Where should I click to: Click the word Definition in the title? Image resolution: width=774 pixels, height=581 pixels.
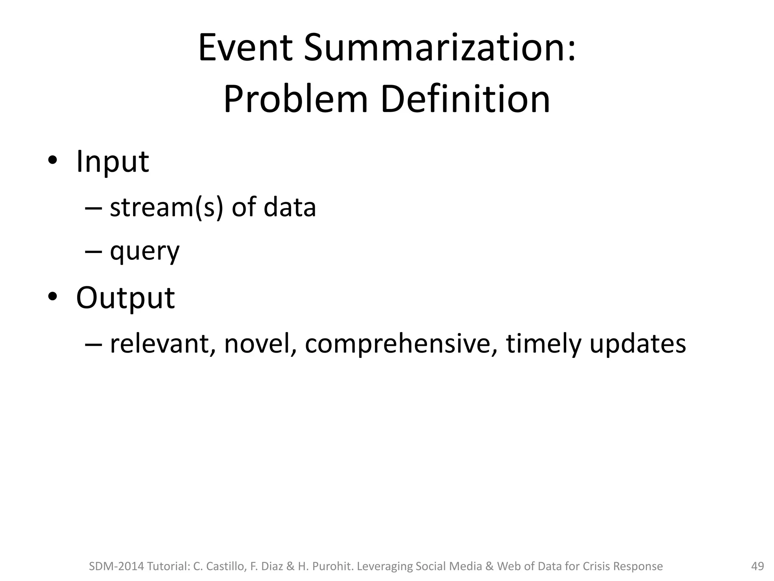(465, 99)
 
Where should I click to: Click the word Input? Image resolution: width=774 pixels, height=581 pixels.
(113, 162)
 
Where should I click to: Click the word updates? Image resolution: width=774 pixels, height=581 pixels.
(638, 344)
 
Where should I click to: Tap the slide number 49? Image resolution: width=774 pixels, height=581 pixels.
(757, 566)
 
